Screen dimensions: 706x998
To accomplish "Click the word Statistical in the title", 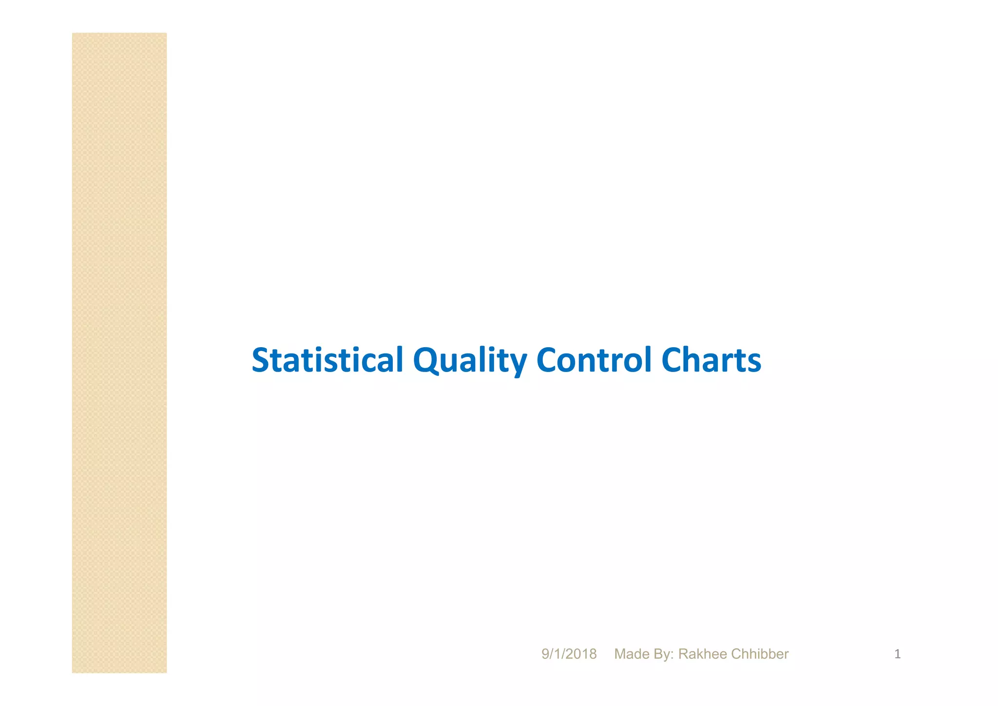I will coord(327,360).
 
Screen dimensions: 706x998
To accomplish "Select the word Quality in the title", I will coord(470,360).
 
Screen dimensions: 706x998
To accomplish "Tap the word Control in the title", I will coord(594,360).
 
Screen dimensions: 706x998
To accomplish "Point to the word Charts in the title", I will coord(711,360).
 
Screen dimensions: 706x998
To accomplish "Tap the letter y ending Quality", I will coord(518,363).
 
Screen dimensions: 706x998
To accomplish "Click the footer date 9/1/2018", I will coord(569,654).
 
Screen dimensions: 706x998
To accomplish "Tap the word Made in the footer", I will coord(630,654).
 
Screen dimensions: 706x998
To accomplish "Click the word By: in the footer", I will coord(662,654).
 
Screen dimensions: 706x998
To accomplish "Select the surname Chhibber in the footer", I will coord(760,654).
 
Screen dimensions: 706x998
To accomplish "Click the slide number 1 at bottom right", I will coord(897,654).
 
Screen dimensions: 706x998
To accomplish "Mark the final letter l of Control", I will coord(649,360).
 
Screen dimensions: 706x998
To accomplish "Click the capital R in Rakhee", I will coord(683,654).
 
